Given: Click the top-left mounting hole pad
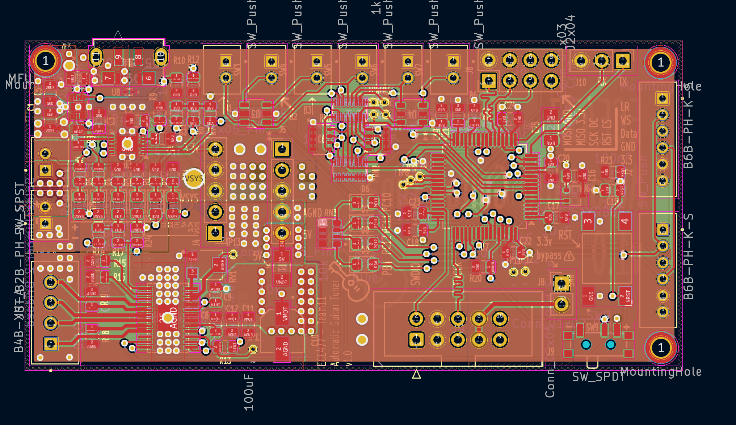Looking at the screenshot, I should coord(45,61).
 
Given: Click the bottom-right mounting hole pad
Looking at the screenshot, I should coord(660,347).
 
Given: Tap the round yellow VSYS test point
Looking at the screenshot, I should coord(194,178).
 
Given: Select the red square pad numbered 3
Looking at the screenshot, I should coord(588,221).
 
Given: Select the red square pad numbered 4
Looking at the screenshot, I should coord(624,221).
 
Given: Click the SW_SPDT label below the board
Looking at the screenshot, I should coord(598,377).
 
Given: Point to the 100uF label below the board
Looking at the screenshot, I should coord(249,393).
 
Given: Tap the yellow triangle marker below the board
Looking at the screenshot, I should coord(416,374).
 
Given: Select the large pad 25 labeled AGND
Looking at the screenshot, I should coord(168,318).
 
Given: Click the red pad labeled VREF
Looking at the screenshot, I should coord(219,265).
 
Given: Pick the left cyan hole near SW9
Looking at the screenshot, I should coord(586,344).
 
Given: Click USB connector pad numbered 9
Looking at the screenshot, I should coord(119,57).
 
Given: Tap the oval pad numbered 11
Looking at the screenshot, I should coord(96,57).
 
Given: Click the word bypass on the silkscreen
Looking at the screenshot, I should coord(549,255).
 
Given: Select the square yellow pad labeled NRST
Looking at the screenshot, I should coord(416,340).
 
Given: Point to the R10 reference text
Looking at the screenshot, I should coord(179,60).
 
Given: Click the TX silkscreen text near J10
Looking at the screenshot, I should coord(622,82).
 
